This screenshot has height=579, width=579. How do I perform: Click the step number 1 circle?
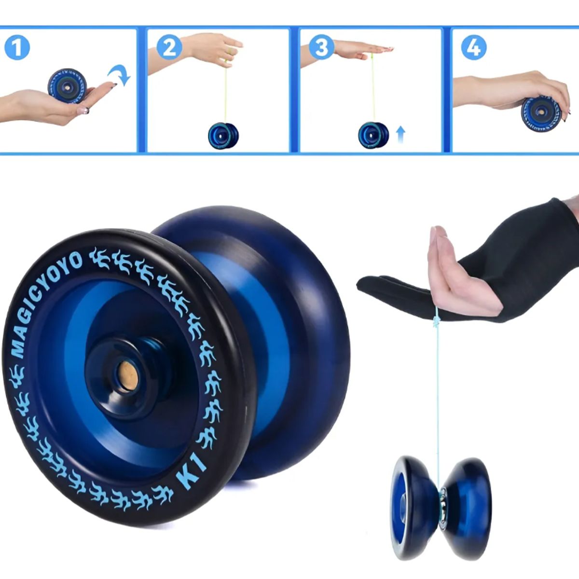(x=17, y=48)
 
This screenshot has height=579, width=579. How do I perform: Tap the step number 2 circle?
(x=169, y=48)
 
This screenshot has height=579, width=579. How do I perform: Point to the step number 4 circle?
(x=473, y=48)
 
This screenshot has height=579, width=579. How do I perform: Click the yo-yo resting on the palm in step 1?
(x=67, y=85)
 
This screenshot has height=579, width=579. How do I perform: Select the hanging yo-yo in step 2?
(x=223, y=136)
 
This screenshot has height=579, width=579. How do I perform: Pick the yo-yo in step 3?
(x=373, y=135)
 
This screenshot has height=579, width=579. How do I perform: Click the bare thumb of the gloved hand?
(x=434, y=241)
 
